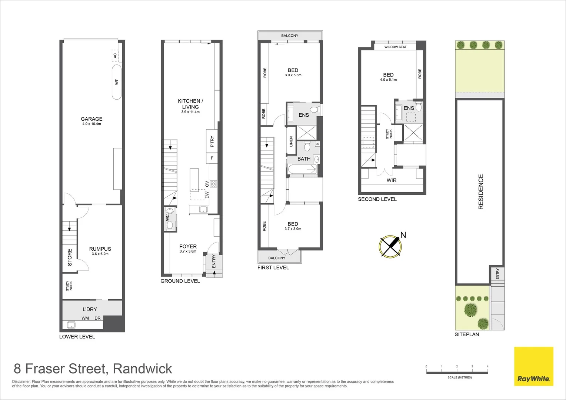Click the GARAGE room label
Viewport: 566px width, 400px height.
(91, 119)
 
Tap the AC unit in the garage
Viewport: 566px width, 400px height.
(115, 56)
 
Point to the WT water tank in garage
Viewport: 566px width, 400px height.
(116, 82)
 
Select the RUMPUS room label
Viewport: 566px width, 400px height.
(100, 249)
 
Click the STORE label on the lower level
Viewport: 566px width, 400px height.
(70, 257)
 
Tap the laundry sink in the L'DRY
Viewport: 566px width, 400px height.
(70, 325)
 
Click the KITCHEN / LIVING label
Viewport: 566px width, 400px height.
(190, 104)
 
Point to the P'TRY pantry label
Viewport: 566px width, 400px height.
(212, 142)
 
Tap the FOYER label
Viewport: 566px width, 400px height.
(188, 246)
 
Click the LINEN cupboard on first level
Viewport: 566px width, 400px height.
(291, 141)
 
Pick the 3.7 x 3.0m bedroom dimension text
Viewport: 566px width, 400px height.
(293, 229)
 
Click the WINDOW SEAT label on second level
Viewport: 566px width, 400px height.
(395, 47)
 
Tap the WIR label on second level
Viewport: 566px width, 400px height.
(392, 180)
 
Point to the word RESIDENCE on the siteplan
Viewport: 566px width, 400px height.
(481, 192)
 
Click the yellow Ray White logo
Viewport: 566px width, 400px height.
(533, 366)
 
